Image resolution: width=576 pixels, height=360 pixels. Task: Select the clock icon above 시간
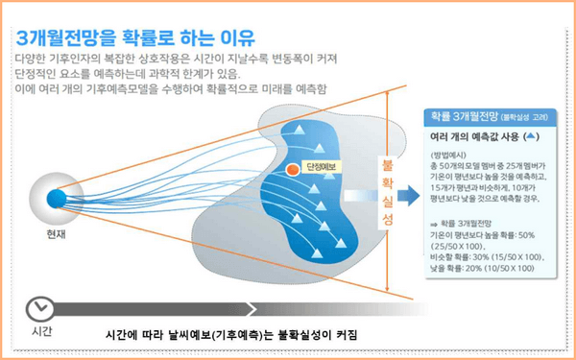point(40,307)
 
